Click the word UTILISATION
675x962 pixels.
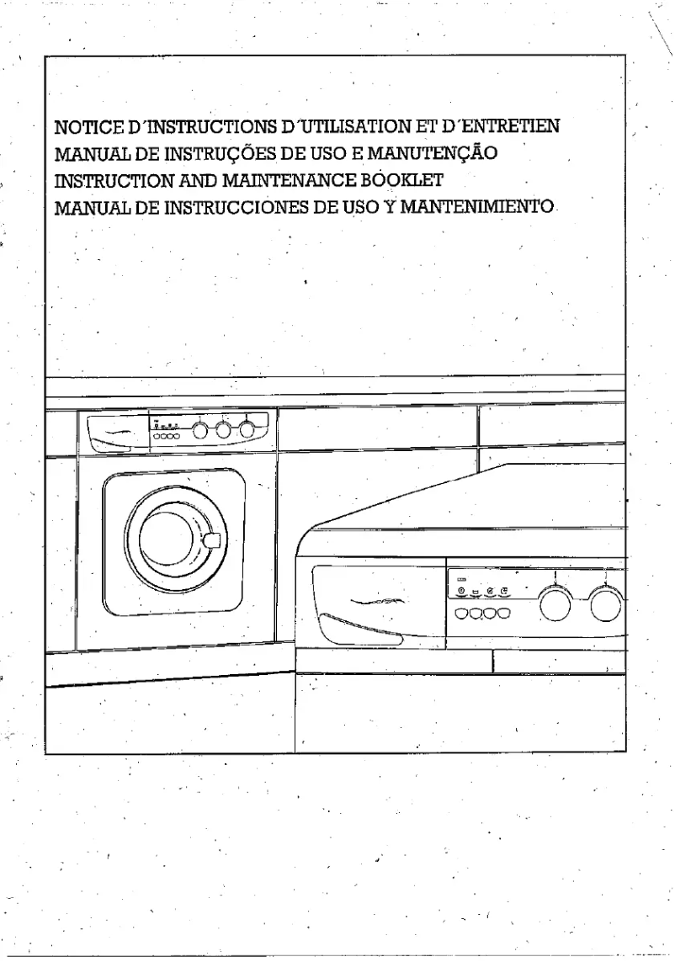coord(339,128)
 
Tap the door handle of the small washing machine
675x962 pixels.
coord(213,539)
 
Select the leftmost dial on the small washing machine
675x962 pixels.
coord(201,431)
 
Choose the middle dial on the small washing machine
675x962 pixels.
coord(224,431)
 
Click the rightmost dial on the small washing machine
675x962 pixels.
coord(247,430)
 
